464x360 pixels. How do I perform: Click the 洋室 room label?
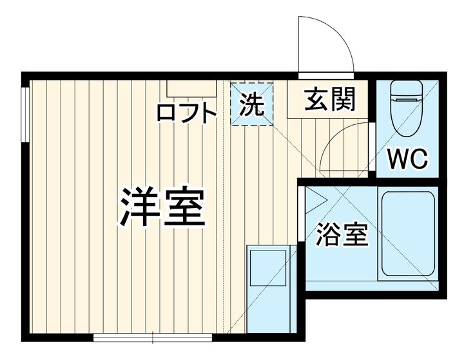tap(162, 205)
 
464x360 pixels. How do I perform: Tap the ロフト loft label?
tap(187, 113)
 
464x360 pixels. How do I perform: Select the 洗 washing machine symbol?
tap(252, 104)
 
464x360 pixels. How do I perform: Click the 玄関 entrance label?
tap(329, 100)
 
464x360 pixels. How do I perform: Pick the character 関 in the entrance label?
tap(342, 100)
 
